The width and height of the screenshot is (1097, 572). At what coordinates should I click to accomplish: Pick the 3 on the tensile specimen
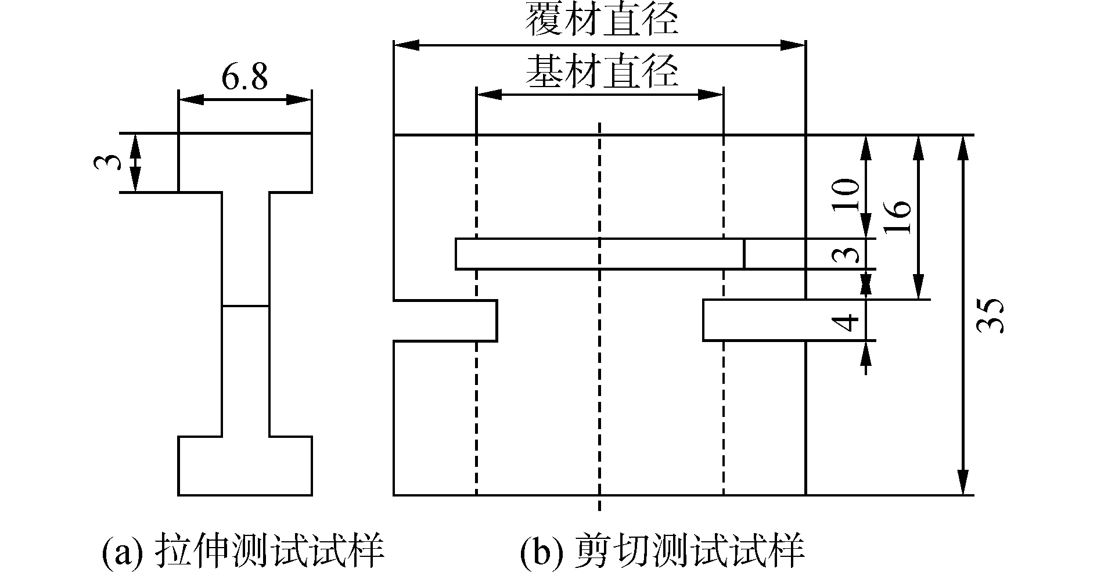[x=109, y=161]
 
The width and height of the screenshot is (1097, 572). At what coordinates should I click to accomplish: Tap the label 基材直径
[x=601, y=72]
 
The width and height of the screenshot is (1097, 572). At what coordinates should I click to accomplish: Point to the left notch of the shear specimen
[x=445, y=321]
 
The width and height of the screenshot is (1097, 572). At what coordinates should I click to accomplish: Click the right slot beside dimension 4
[x=754, y=320]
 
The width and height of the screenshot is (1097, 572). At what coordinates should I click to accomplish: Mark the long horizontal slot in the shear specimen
[x=599, y=254]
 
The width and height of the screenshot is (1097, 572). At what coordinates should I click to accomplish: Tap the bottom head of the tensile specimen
[x=244, y=466]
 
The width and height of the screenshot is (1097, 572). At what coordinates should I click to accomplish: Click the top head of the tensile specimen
[x=244, y=163]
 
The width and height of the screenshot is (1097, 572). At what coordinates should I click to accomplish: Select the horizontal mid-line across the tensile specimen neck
[x=245, y=305]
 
